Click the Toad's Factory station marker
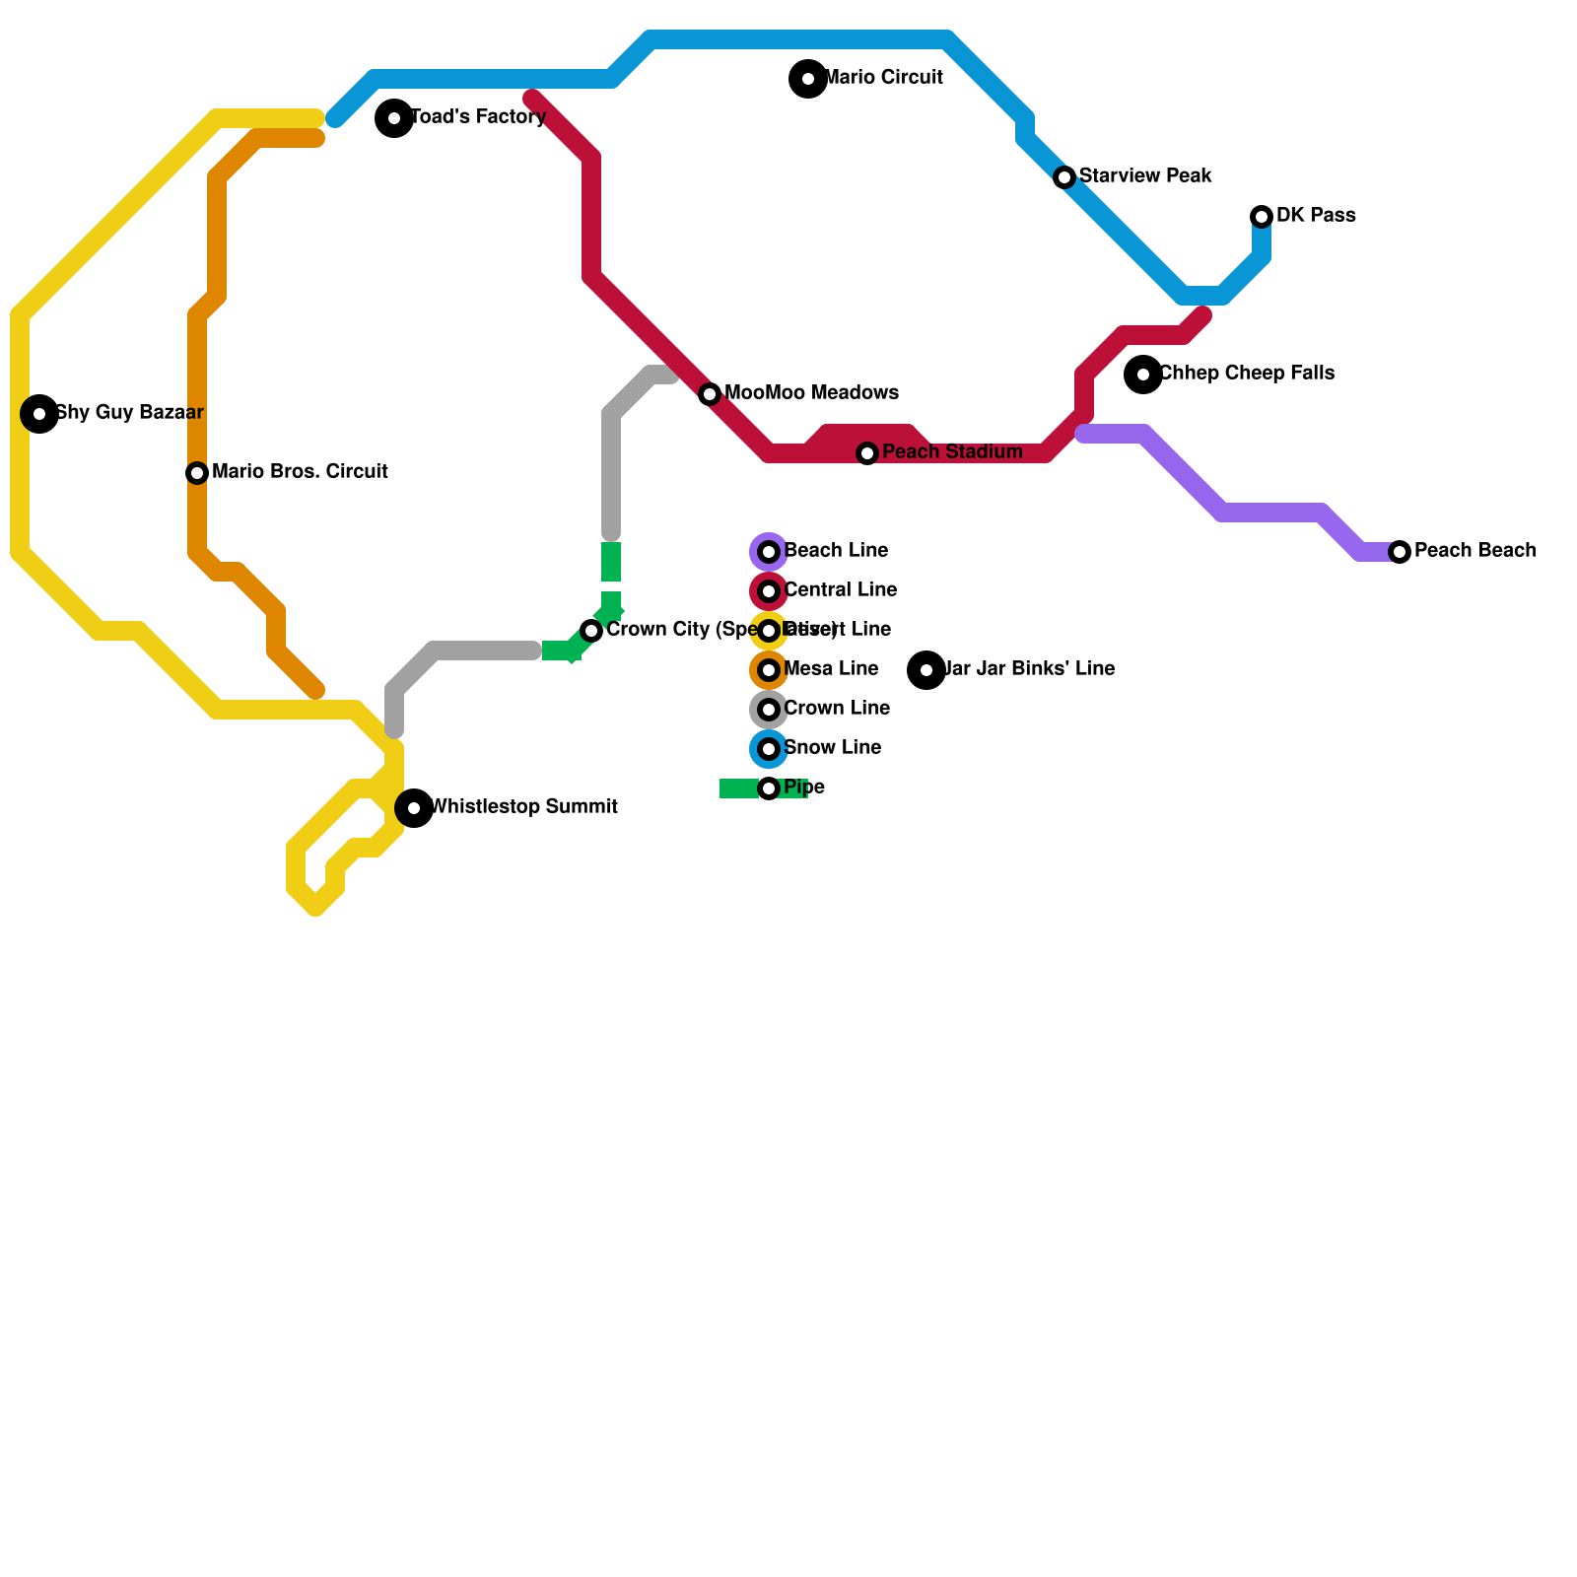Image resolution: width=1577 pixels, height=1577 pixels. click(394, 118)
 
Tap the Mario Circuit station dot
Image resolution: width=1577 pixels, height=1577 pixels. click(808, 79)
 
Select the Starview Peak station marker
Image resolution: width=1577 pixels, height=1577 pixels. click(1064, 177)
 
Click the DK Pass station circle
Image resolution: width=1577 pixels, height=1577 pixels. click(1262, 217)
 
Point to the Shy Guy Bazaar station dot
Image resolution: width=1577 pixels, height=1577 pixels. click(39, 414)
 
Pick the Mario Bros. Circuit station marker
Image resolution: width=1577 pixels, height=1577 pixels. click(197, 473)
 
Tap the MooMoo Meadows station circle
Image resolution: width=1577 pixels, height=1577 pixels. click(710, 394)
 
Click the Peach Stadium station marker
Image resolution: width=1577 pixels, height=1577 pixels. click(867, 453)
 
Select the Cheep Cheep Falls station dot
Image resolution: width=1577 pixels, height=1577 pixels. click(1143, 375)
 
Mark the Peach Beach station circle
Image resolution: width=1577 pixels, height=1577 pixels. click(1400, 552)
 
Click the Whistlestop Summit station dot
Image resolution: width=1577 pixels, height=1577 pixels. click(414, 808)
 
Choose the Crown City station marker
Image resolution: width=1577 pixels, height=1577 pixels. click(591, 631)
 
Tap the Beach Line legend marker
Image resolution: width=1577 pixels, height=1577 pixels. click(769, 552)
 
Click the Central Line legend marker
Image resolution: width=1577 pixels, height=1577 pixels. click(769, 591)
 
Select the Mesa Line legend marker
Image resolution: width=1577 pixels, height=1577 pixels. click(769, 670)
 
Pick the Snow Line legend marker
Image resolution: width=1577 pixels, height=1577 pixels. click(769, 749)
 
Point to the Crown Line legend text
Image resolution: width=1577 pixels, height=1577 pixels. click(837, 709)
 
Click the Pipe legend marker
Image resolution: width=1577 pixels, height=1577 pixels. click(769, 788)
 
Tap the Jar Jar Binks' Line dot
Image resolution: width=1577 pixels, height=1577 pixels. click(926, 670)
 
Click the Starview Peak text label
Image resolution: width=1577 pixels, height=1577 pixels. click(1145, 176)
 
